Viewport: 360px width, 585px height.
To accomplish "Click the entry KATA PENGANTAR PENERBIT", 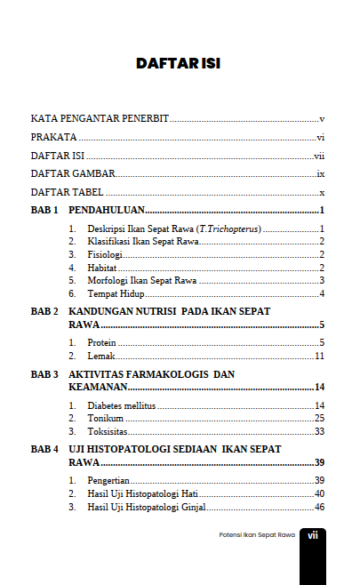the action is click(x=100, y=118).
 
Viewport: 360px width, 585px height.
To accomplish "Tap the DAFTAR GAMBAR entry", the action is click(x=73, y=173).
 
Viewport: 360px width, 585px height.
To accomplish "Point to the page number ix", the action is click(x=320, y=173).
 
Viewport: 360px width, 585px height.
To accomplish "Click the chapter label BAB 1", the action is click(x=44, y=211).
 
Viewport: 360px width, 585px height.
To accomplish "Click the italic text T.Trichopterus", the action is click(x=229, y=229).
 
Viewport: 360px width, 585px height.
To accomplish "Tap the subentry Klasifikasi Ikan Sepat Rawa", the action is click(x=142, y=242).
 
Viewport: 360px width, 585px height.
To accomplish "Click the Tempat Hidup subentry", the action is click(x=116, y=293).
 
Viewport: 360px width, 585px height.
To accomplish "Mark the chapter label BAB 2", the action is click(x=44, y=311).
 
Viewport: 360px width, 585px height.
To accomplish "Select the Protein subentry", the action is click(x=102, y=343).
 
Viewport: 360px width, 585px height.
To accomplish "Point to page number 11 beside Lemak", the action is click(x=319, y=356).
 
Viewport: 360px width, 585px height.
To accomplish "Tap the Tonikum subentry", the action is click(x=105, y=419).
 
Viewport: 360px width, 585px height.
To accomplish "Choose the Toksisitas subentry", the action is click(x=108, y=431).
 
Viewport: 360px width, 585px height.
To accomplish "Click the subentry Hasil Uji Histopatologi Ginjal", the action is click(x=147, y=507).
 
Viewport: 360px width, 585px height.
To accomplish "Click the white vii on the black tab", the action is click(x=313, y=535).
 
